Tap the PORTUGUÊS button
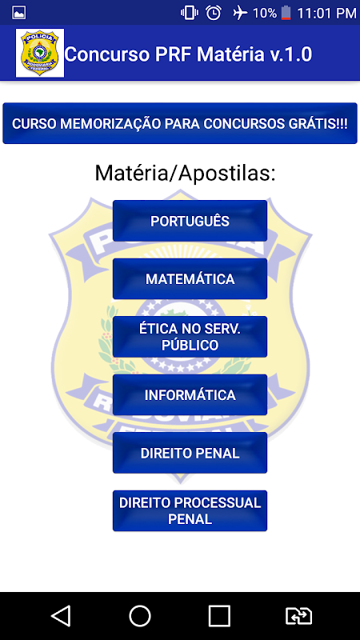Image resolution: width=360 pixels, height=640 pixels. point(190,221)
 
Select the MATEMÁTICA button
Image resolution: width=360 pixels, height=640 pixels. point(190,278)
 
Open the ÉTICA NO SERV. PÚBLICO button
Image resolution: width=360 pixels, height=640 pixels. point(190,337)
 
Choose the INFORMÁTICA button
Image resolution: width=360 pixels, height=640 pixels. point(190,394)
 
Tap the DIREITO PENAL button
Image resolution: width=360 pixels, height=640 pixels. point(190,453)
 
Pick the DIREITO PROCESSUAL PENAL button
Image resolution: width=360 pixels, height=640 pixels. point(190,510)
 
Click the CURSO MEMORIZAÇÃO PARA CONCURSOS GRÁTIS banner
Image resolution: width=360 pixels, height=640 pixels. point(180,123)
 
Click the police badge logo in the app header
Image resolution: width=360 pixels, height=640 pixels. point(40,53)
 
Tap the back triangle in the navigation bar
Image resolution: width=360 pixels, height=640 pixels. point(61,615)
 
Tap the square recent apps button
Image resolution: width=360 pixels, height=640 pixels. point(219,615)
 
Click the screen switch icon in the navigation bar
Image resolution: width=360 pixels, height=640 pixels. point(298,616)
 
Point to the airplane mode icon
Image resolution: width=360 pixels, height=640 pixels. point(240,13)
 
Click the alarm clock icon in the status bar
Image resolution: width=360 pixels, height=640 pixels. point(214,13)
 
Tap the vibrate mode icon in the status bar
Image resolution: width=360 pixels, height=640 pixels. point(190,13)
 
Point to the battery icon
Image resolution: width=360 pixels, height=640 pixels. point(286,13)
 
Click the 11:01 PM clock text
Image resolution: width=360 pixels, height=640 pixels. point(326,13)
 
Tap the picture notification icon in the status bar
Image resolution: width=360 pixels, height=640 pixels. point(18,13)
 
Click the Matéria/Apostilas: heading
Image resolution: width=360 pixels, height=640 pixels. point(186,174)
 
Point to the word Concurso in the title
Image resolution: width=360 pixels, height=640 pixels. point(107,54)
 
